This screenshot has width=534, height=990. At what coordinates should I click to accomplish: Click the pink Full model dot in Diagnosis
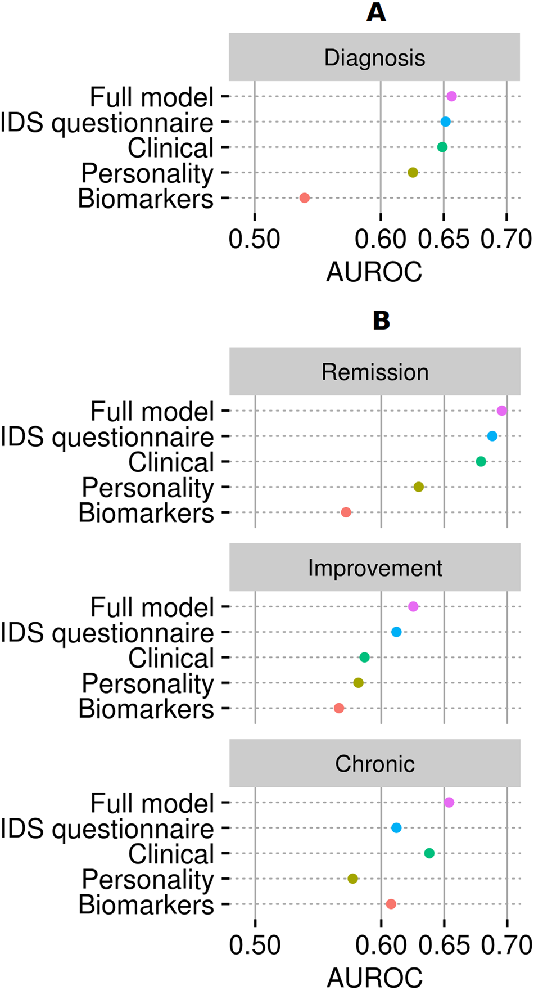click(x=451, y=96)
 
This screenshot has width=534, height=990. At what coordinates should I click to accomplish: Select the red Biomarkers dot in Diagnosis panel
click(x=305, y=198)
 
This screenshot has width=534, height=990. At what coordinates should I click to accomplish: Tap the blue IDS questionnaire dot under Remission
click(x=492, y=436)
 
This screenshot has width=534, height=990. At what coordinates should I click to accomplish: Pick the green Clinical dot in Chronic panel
click(x=429, y=853)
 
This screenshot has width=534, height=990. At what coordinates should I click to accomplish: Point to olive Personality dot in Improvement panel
click(x=359, y=683)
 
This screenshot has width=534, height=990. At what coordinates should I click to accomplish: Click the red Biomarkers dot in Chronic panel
click(x=391, y=904)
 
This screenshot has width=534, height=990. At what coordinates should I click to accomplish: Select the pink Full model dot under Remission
click(x=502, y=411)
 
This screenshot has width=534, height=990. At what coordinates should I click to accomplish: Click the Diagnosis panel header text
click(x=374, y=57)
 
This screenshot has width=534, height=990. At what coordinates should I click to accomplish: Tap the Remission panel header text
click(x=375, y=372)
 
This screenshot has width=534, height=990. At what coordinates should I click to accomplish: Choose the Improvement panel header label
click(x=375, y=568)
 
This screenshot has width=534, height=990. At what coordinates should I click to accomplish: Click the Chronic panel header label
click(x=375, y=763)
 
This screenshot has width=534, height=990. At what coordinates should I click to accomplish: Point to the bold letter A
click(x=376, y=12)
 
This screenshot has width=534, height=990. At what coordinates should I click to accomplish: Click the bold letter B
click(x=381, y=321)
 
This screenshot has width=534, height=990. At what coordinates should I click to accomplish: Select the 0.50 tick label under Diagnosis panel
click(x=255, y=239)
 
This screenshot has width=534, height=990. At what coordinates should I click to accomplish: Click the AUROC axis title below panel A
click(x=374, y=272)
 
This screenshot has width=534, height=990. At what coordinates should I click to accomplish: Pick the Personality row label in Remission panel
click(x=148, y=487)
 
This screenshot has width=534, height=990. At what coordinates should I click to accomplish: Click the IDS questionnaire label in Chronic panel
click(x=107, y=829)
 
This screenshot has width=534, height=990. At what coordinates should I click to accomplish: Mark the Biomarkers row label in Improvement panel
click(x=146, y=709)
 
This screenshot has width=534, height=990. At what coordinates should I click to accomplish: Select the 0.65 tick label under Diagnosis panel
click(x=444, y=239)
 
